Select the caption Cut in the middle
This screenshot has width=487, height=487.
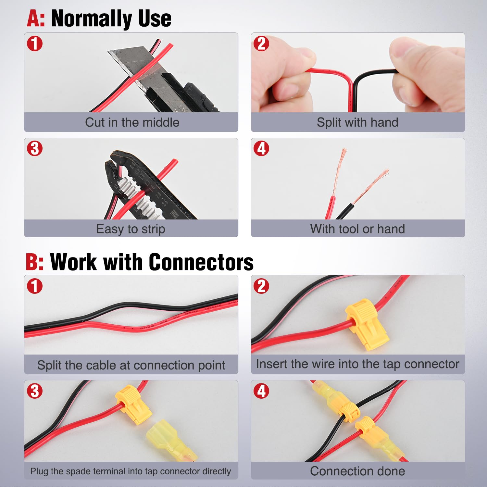click(x=132, y=122)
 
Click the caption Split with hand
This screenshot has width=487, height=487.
click(x=357, y=122)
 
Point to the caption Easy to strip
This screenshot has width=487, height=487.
click(x=131, y=229)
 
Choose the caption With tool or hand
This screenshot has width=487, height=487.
click(x=357, y=229)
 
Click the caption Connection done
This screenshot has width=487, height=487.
click(x=357, y=471)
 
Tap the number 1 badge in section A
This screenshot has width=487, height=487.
click(x=35, y=44)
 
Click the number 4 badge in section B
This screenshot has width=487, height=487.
click(x=261, y=391)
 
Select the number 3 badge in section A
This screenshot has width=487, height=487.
click(x=35, y=149)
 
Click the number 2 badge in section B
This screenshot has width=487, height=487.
click(x=261, y=286)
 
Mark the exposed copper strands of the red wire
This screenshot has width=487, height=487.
click(x=339, y=172)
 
